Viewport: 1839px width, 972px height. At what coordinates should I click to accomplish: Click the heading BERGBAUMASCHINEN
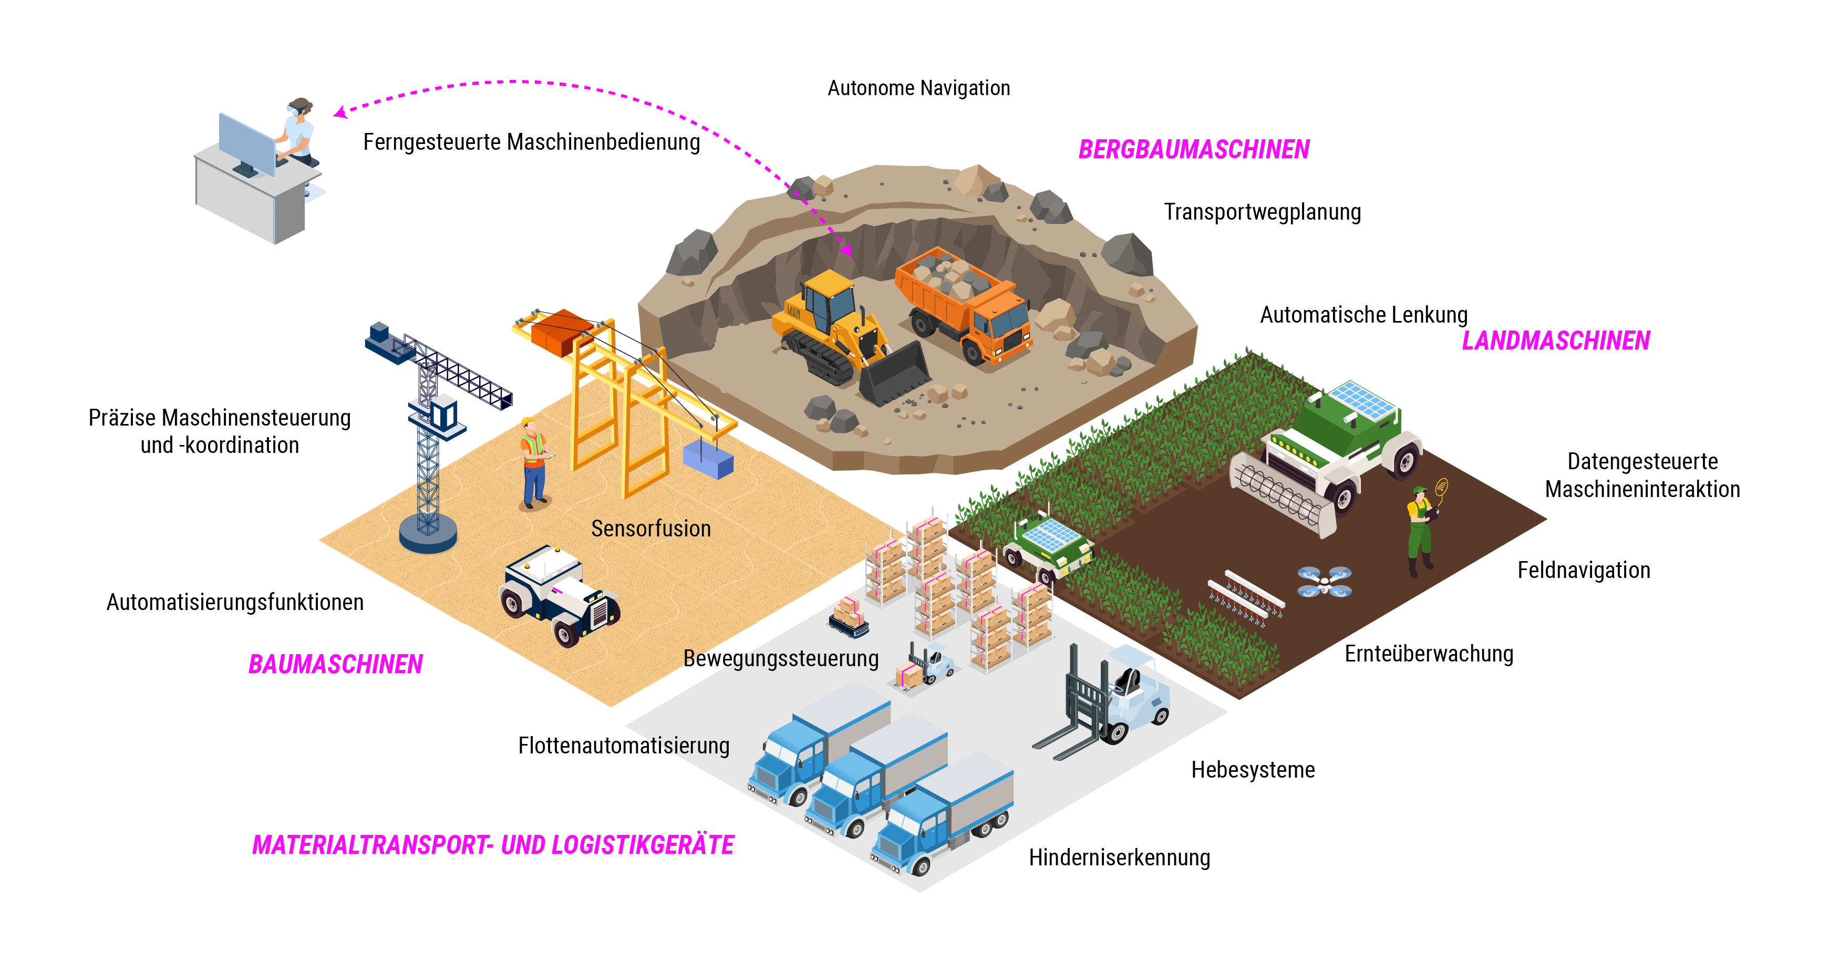point(1194,149)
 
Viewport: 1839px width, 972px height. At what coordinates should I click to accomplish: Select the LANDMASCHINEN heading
point(1556,340)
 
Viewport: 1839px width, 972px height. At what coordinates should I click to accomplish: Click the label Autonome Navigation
point(919,88)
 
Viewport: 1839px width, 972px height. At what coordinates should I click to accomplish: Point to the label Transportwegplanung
point(1262,212)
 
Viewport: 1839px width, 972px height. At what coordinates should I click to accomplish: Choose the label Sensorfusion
point(650,528)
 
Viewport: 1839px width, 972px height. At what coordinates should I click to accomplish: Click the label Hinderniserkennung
point(1119,857)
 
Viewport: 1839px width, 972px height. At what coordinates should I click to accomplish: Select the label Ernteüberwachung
point(1429,654)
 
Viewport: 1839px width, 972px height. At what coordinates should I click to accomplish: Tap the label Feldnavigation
point(1584,570)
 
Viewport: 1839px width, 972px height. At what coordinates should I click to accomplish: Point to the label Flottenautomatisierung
point(623,745)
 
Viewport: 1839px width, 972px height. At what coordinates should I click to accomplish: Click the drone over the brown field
point(1324,582)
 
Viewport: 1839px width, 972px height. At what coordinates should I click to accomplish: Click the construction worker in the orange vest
point(533,462)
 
